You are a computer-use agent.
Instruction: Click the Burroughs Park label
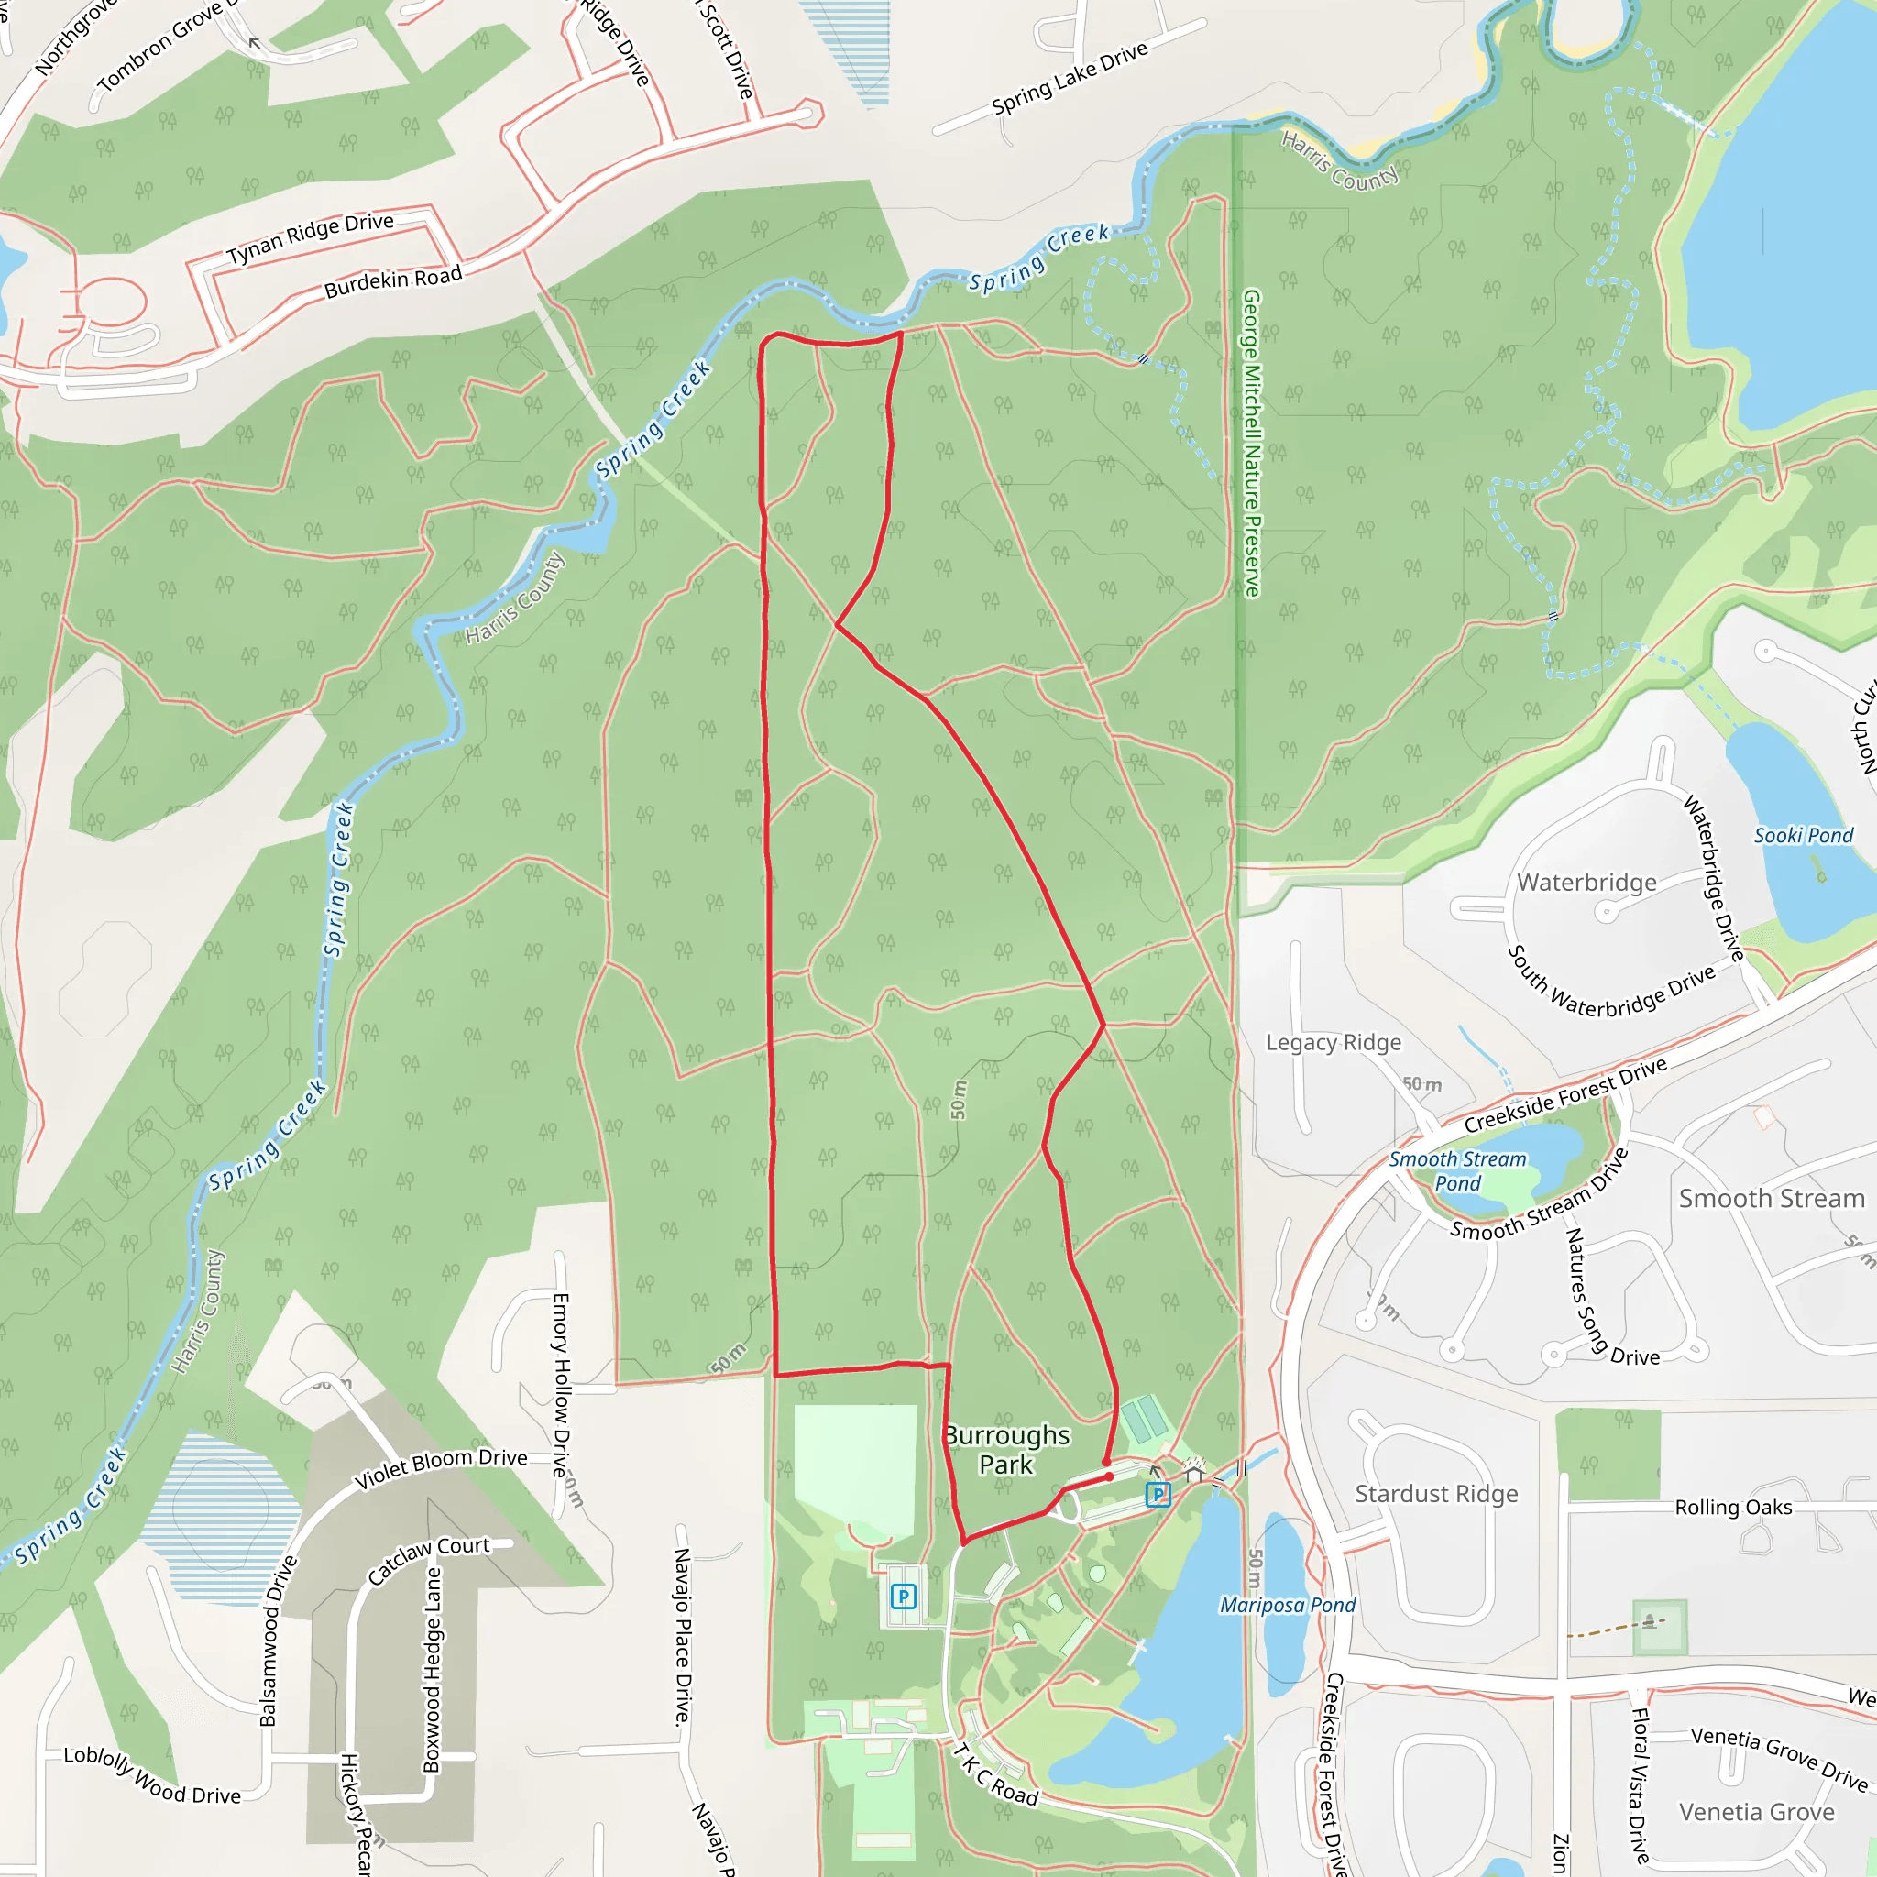coord(1006,1450)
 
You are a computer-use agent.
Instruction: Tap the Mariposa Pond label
coord(1288,1605)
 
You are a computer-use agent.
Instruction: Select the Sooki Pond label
coord(1803,836)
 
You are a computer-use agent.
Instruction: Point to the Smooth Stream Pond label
coord(1457,1170)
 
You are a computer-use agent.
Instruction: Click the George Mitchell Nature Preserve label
coord(1251,443)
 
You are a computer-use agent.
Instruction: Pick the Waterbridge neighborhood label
coord(1586,883)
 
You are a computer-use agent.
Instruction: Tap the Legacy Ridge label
coord(1333,1042)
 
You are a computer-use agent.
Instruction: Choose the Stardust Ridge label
coord(1436,1493)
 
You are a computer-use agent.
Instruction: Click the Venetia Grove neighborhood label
coord(1757,1812)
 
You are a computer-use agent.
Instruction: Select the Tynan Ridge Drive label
coord(310,237)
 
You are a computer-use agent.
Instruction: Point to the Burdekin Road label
coord(392,282)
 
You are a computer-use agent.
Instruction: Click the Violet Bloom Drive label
coord(440,1468)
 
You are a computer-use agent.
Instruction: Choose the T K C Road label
coord(996,1775)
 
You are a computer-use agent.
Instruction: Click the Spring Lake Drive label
coord(1069,78)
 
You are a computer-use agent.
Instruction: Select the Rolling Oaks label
coord(1733,1507)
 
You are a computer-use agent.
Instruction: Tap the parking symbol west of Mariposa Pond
coord(903,1596)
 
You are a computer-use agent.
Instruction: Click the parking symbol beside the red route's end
coord(1158,1494)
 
